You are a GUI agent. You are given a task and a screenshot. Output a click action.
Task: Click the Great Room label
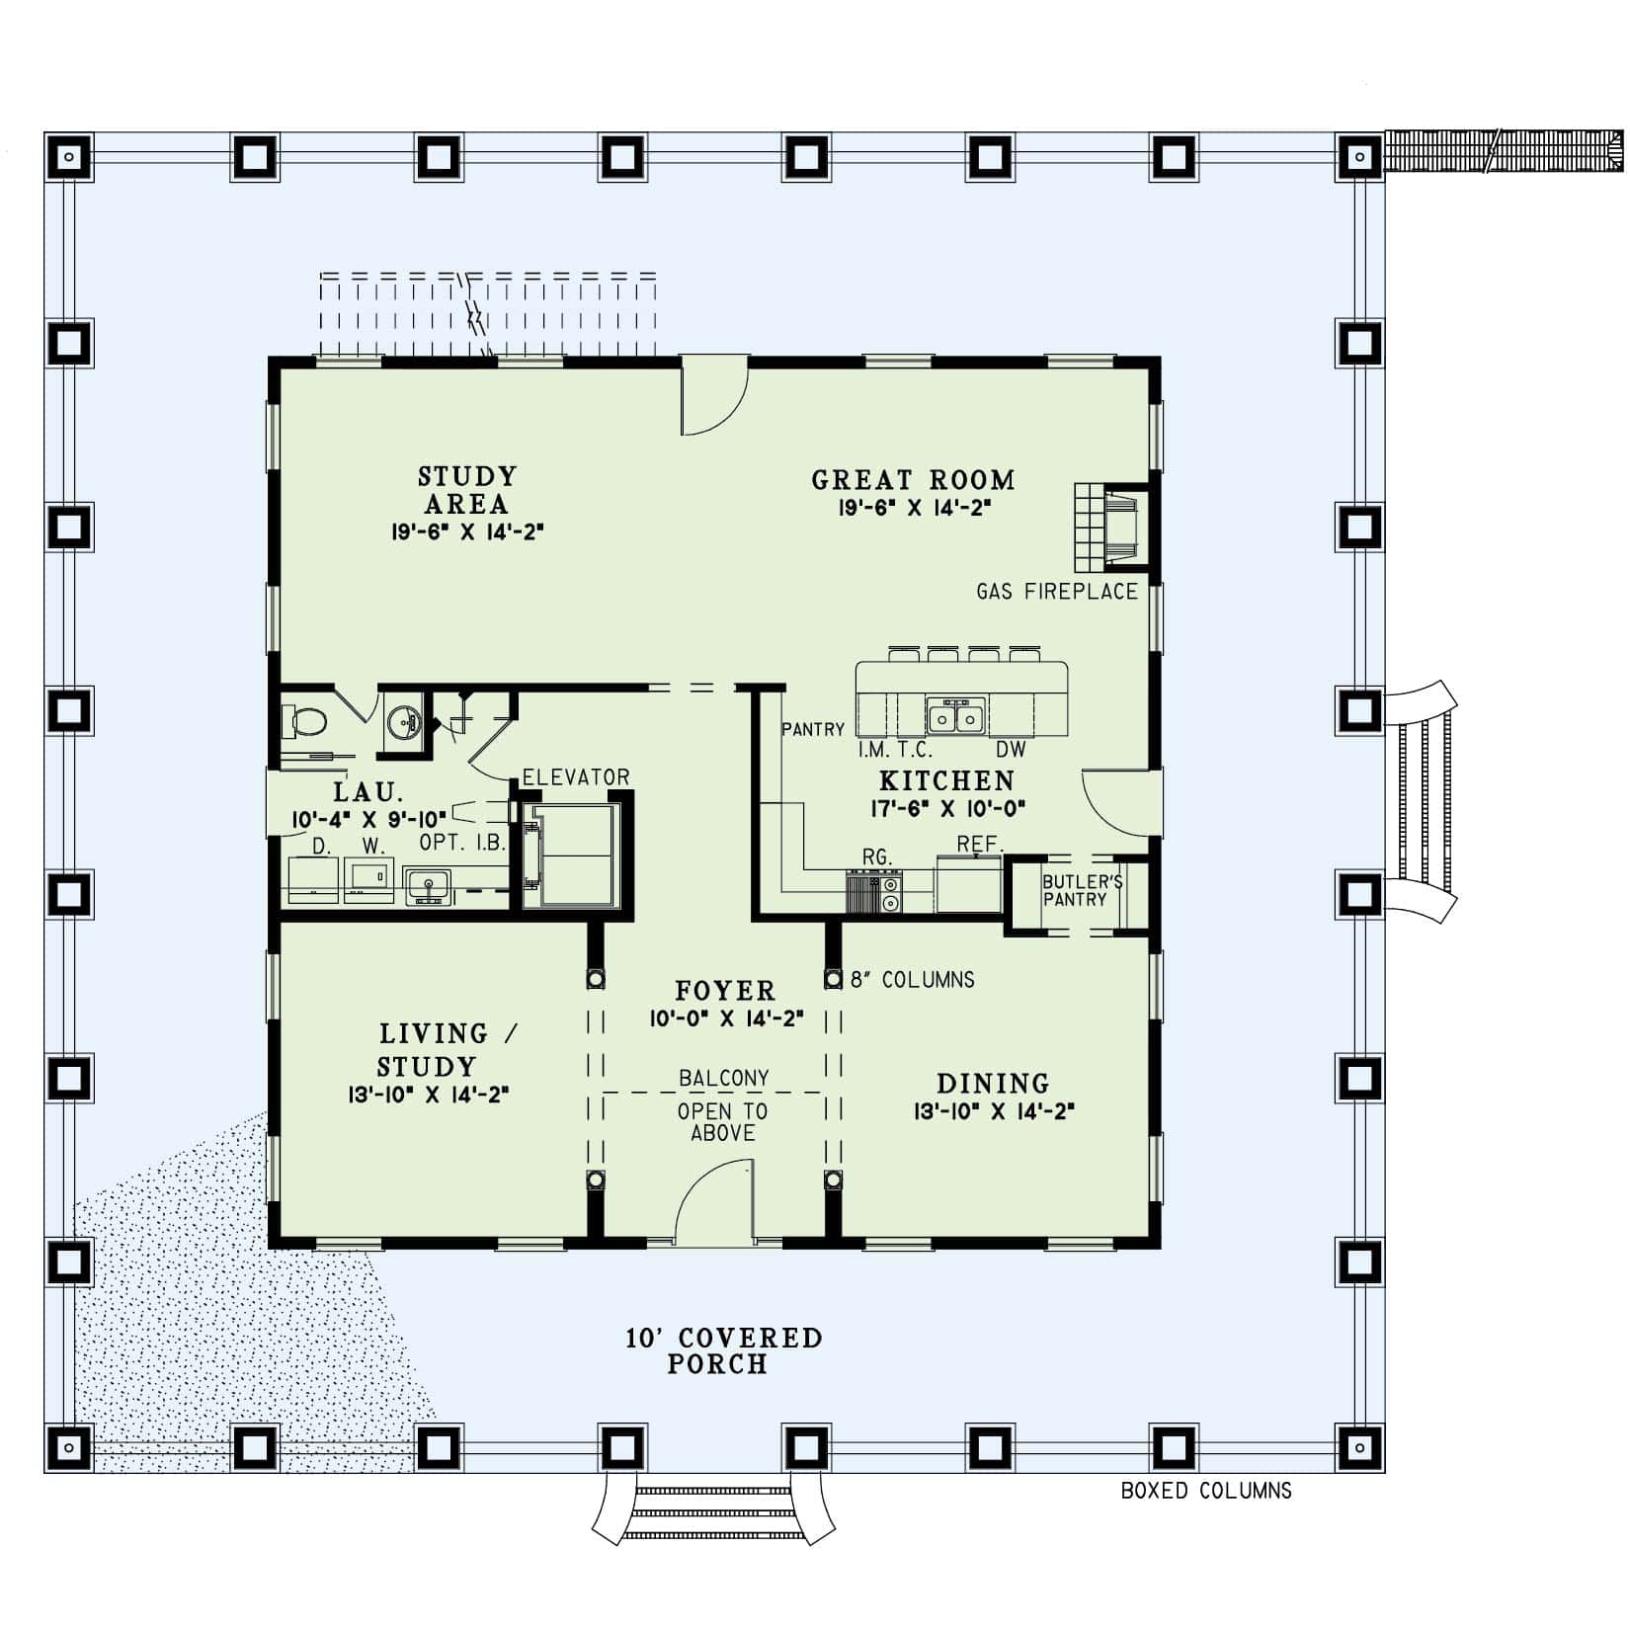(913, 480)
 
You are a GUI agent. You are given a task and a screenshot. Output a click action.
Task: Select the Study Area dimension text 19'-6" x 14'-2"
(467, 531)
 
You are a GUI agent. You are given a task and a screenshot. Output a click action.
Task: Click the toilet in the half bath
(306, 722)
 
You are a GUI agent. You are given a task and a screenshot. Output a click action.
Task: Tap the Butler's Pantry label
(1081, 890)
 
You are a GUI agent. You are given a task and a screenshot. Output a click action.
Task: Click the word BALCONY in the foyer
(723, 1078)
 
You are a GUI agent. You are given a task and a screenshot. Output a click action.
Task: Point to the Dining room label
(993, 1083)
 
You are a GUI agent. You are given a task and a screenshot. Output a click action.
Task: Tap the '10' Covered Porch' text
(723, 1350)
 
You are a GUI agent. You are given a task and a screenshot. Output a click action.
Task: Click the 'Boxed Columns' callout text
(1205, 1491)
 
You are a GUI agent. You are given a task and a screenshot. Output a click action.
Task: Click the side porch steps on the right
(1423, 801)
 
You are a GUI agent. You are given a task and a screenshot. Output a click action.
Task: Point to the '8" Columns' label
(912, 979)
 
